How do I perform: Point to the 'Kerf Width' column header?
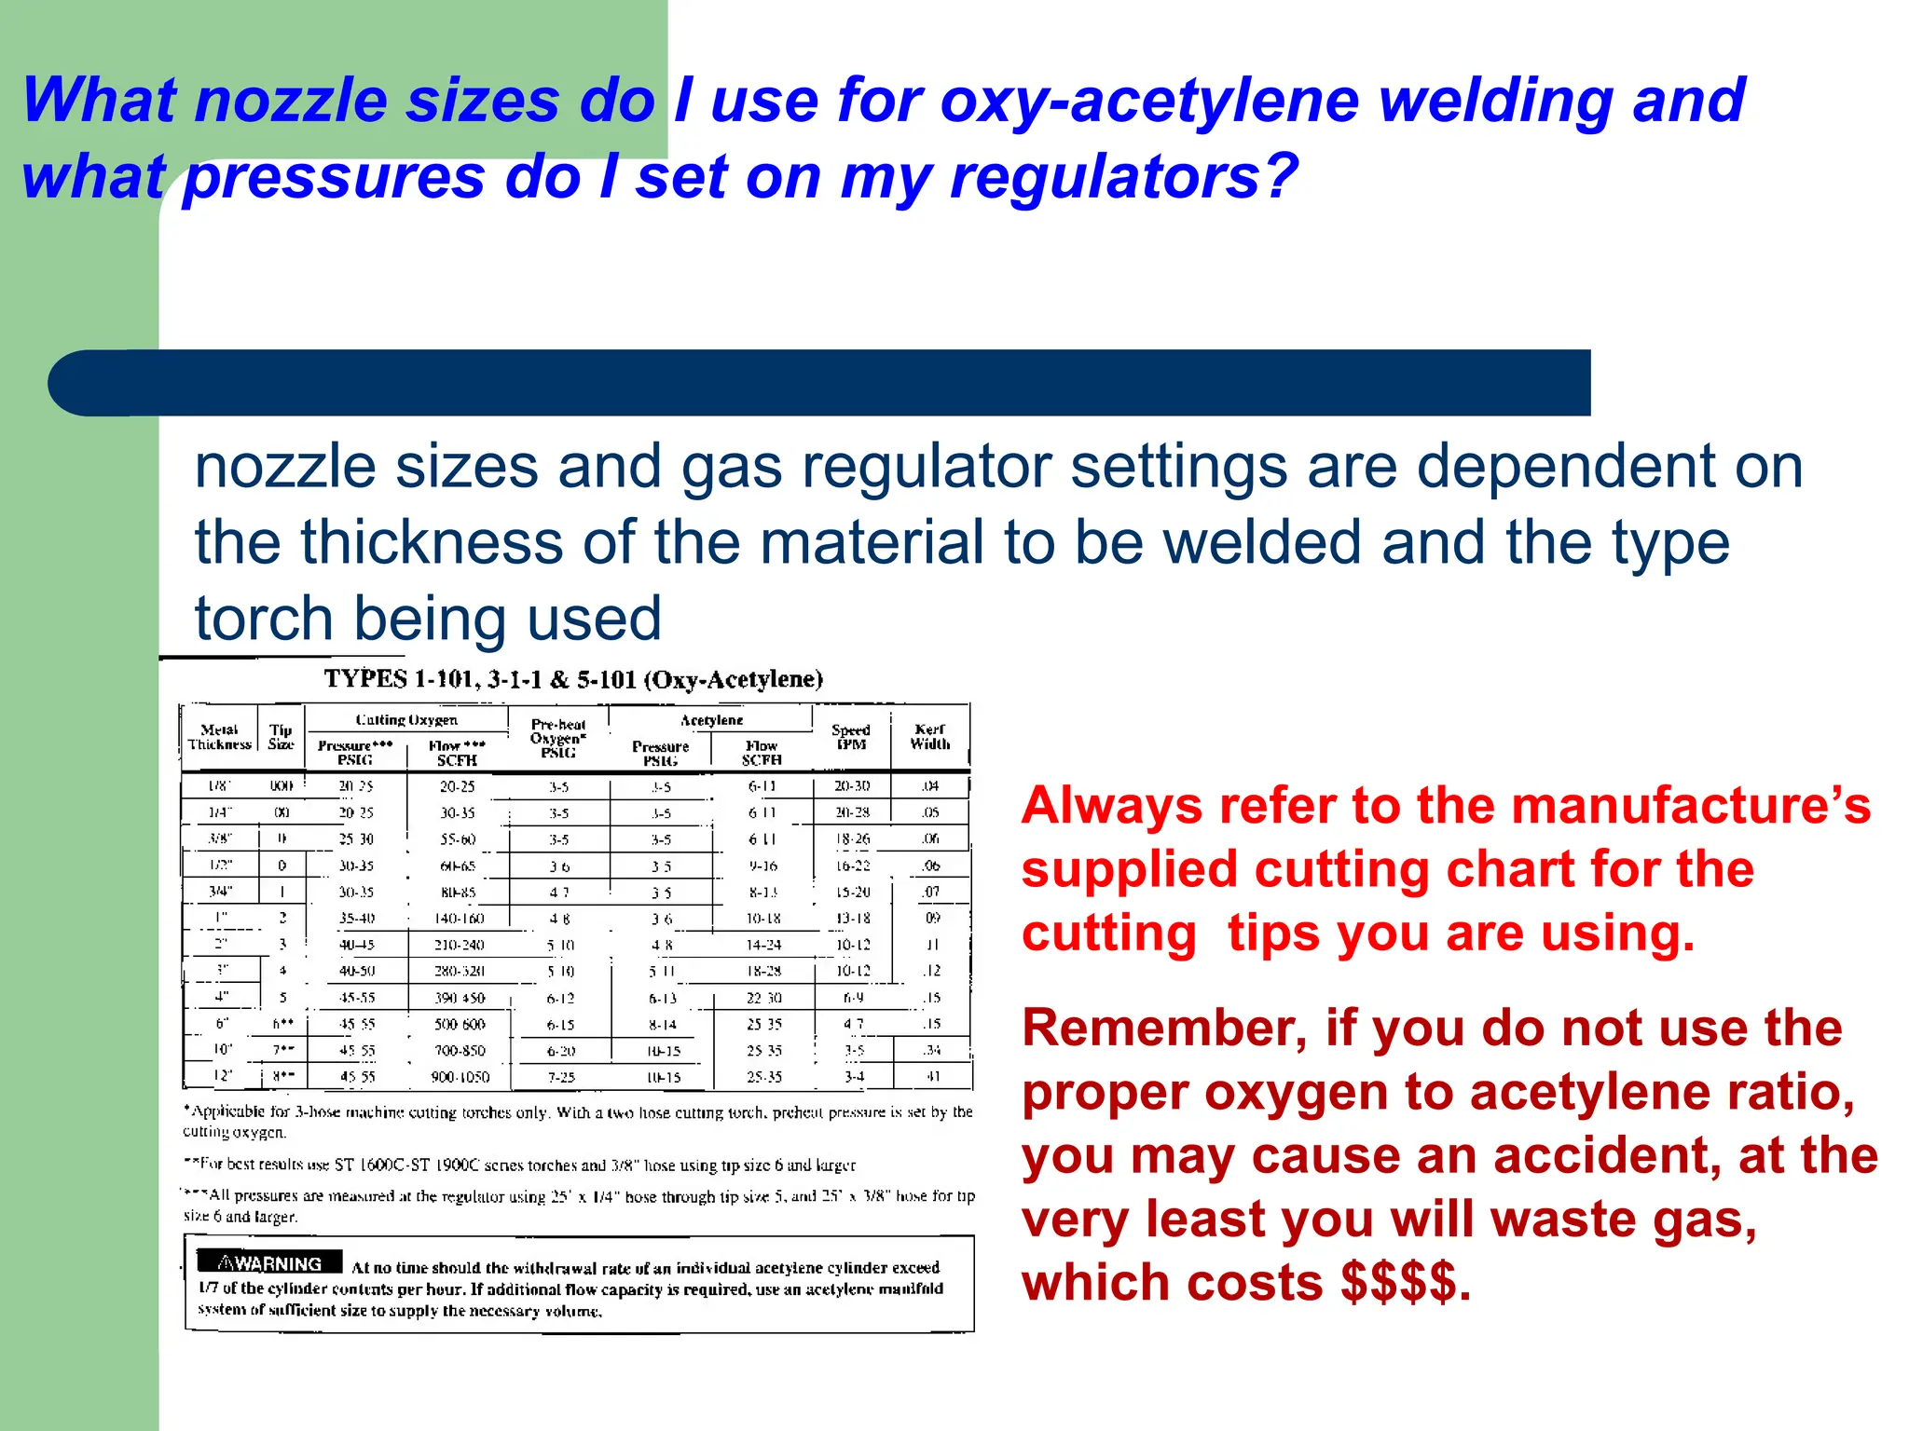[930, 737]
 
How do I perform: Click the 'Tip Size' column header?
[281, 737]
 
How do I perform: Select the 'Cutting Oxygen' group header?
[406, 720]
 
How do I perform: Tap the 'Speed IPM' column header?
[851, 737]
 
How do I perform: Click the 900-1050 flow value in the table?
[460, 1077]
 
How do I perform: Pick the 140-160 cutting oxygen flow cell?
[460, 919]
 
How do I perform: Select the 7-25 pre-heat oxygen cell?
[561, 1077]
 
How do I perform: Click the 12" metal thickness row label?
[223, 1076]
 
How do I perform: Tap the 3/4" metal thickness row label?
[221, 892]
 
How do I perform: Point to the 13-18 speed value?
[853, 919]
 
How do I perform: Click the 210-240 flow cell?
[460, 945]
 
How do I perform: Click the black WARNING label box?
[270, 1263]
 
